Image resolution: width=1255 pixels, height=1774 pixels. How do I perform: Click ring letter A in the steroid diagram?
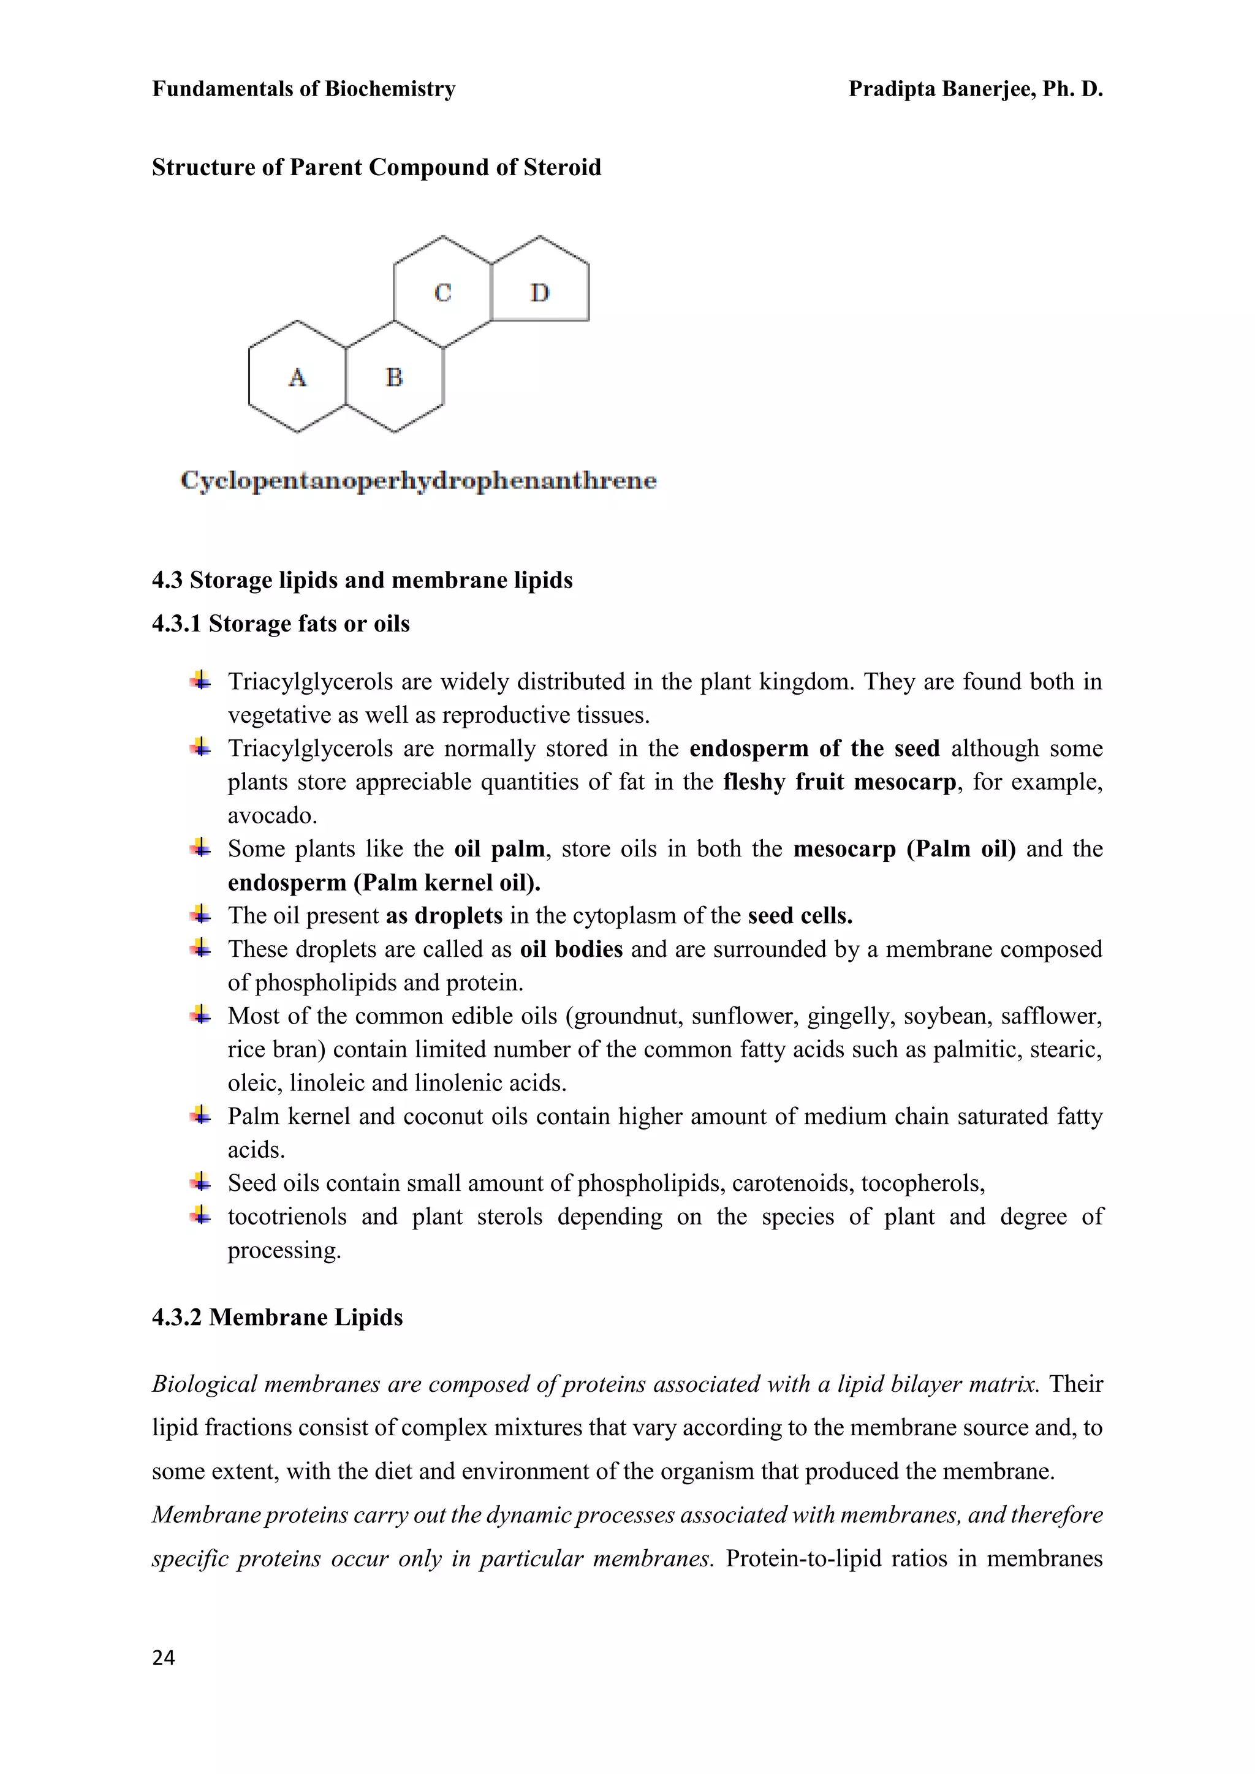click(x=298, y=377)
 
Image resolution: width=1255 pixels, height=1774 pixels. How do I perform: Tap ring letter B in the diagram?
click(x=394, y=377)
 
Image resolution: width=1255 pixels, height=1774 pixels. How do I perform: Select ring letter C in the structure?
click(x=443, y=293)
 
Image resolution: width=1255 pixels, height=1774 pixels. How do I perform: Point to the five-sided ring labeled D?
click(x=539, y=292)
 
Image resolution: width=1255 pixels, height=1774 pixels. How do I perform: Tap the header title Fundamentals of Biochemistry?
click(x=304, y=89)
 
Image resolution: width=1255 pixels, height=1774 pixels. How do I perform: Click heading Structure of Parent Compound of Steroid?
click(x=376, y=168)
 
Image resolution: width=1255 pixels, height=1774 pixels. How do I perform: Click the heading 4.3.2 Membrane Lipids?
click(x=278, y=1318)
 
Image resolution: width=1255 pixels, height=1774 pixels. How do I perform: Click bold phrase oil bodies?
click(x=571, y=949)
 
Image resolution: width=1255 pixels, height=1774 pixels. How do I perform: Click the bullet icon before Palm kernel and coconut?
click(x=200, y=1115)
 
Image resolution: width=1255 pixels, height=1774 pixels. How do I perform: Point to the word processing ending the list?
click(x=284, y=1250)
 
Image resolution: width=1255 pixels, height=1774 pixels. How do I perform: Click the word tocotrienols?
click(x=287, y=1217)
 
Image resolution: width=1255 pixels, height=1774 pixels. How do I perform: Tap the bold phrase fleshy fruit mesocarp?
click(x=840, y=782)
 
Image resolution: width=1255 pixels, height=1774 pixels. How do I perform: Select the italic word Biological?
click(x=204, y=1384)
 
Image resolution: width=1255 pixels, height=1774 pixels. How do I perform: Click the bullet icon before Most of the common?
click(x=200, y=1015)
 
